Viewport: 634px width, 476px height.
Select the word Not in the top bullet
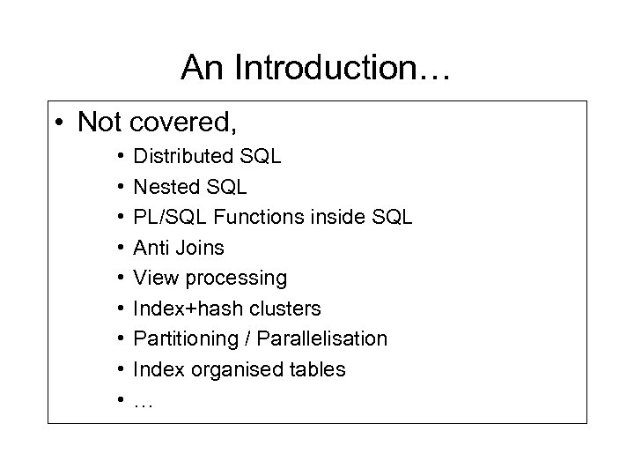click(99, 123)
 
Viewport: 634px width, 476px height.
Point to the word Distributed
click(181, 157)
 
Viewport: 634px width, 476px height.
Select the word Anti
click(149, 248)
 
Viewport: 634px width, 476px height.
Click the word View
click(152, 279)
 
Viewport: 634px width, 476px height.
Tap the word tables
click(315, 369)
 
